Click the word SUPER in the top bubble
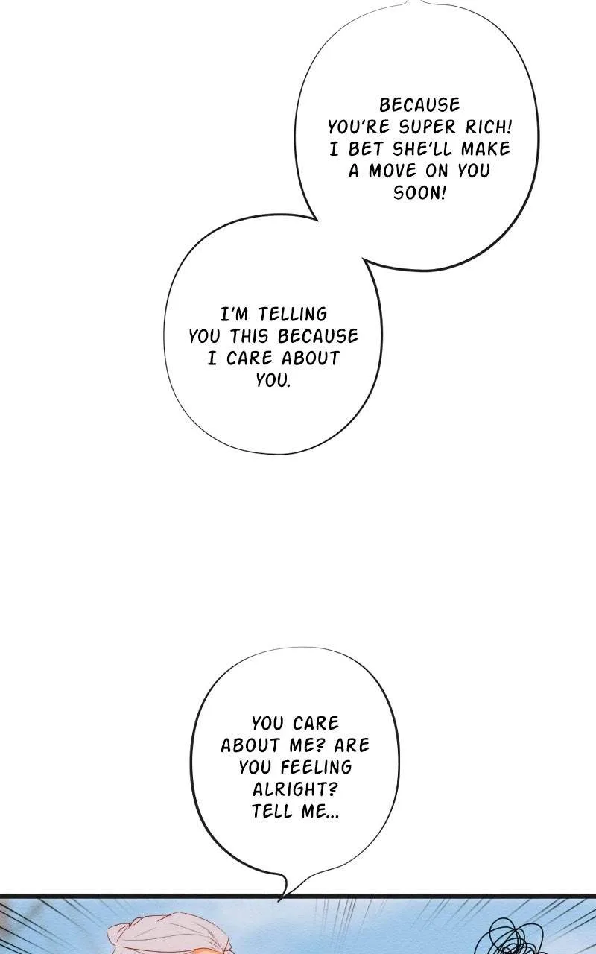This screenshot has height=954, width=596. coord(421,127)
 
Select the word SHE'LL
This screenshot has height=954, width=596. coord(423,149)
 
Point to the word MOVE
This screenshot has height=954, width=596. coord(393,171)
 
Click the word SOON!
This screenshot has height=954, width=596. coord(419,193)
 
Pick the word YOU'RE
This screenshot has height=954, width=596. coord(358,127)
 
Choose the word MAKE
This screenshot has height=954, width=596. coord(486,149)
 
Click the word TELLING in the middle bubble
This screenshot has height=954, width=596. coord(293,315)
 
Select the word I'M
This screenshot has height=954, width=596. coord(234,315)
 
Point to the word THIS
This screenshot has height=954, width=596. coord(249,336)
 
